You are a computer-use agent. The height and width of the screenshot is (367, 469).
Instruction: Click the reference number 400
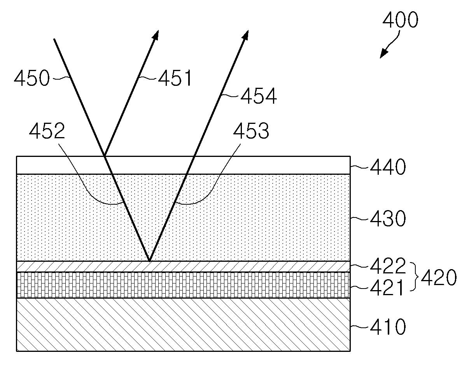click(x=400, y=20)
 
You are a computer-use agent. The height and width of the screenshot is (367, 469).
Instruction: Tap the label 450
click(x=32, y=79)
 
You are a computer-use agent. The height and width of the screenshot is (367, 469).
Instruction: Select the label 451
click(x=175, y=79)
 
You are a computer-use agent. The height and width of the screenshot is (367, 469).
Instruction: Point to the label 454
click(x=259, y=96)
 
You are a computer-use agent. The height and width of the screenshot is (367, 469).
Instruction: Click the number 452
click(x=47, y=132)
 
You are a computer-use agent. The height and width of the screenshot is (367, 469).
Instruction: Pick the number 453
click(x=250, y=132)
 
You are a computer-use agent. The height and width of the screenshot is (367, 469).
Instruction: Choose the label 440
click(x=387, y=167)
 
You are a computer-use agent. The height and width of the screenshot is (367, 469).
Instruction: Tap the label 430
click(x=387, y=219)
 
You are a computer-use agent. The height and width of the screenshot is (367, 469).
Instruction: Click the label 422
click(x=387, y=266)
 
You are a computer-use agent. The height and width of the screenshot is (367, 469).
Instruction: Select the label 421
click(x=387, y=289)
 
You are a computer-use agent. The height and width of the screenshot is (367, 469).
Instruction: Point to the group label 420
click(x=438, y=278)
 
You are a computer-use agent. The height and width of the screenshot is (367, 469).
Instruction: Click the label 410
click(x=387, y=327)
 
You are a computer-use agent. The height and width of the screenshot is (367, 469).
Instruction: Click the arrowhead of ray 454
click(x=245, y=35)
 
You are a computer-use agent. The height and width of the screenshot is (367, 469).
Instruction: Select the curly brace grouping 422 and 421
click(x=414, y=277)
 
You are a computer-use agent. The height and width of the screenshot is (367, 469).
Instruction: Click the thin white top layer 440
click(x=233, y=165)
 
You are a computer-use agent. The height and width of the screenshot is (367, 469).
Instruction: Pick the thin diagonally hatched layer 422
click(x=233, y=266)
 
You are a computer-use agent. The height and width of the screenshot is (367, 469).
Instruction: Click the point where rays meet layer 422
click(x=149, y=261)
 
